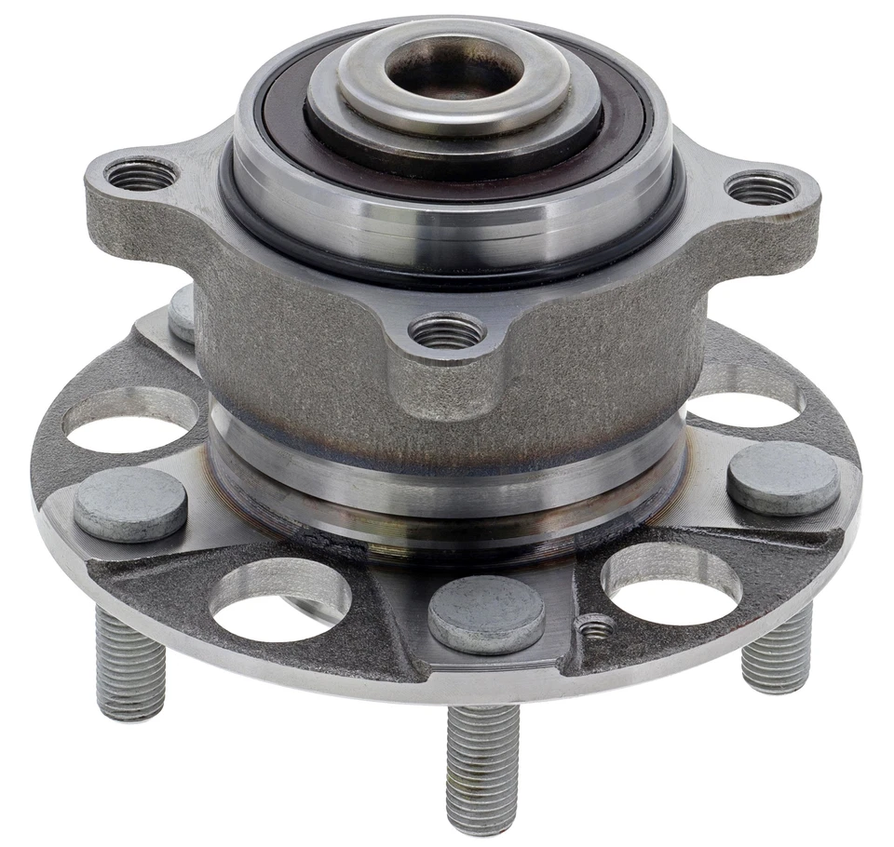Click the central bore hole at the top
click(454, 67)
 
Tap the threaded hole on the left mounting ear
click(141, 174)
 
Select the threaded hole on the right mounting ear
click(762, 189)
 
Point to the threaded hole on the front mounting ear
click(447, 331)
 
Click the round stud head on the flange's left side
click(130, 504)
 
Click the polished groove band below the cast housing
click(447, 465)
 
